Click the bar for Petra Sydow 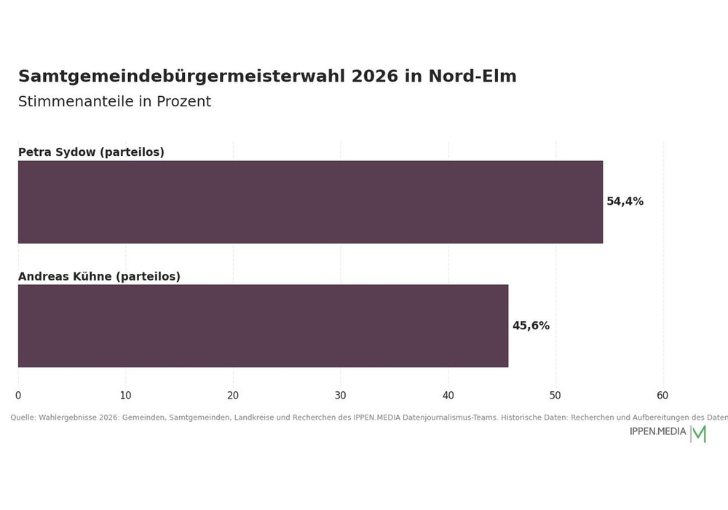tap(310, 202)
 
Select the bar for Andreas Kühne tap(264, 326)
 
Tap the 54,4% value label tap(625, 202)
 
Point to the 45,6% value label tap(531, 326)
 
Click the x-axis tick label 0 tap(18, 396)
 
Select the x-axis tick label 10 tap(125, 396)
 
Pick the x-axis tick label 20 tap(233, 396)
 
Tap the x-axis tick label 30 tap(340, 396)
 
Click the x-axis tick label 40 tap(448, 396)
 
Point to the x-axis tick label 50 tap(555, 396)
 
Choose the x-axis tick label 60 tap(662, 396)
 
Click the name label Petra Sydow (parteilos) tap(92, 152)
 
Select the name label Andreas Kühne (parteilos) tap(99, 276)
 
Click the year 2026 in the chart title tap(375, 76)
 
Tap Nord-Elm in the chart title tap(472, 76)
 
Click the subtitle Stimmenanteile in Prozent tap(115, 101)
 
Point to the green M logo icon tap(699, 433)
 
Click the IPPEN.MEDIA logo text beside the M tap(657, 431)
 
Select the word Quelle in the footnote tap(23, 417)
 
